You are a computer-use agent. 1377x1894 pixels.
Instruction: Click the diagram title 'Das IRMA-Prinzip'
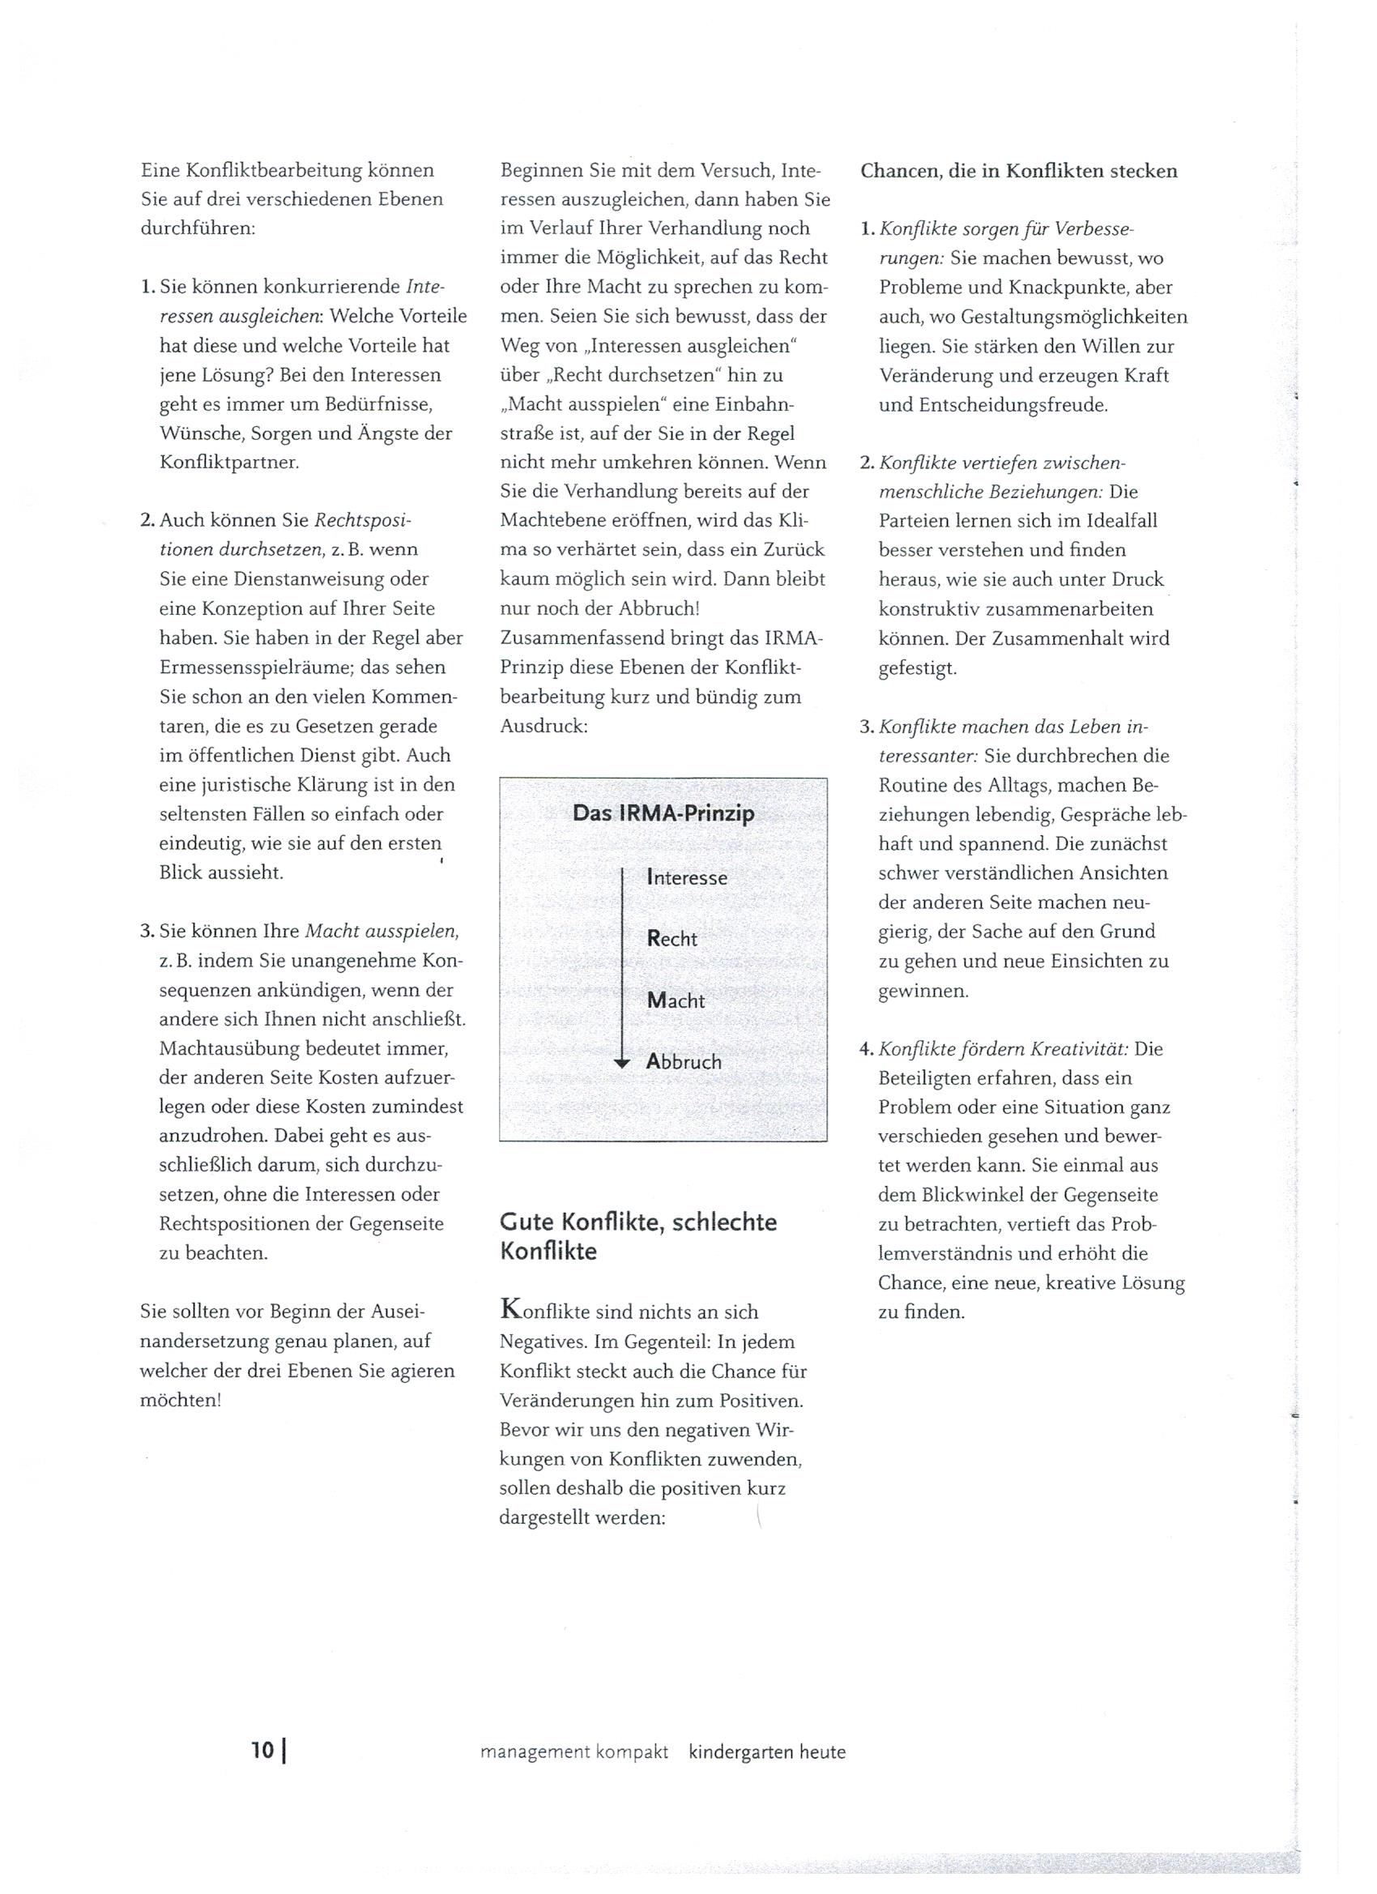point(663,813)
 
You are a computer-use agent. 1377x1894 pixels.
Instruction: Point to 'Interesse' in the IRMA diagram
point(686,877)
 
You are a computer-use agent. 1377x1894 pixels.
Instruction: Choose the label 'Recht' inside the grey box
point(671,939)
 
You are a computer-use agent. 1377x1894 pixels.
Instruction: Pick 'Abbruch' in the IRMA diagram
point(683,1062)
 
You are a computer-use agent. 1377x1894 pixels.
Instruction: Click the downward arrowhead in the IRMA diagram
point(622,1063)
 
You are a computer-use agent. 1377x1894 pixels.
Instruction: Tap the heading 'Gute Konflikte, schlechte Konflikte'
point(638,1237)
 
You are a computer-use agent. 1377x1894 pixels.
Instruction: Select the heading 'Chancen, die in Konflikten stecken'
point(1019,171)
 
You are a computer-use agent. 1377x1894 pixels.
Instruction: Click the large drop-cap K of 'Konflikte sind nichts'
point(512,1308)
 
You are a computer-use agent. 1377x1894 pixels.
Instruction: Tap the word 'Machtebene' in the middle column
point(554,520)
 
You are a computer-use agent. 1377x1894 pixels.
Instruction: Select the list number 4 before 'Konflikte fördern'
point(866,1049)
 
